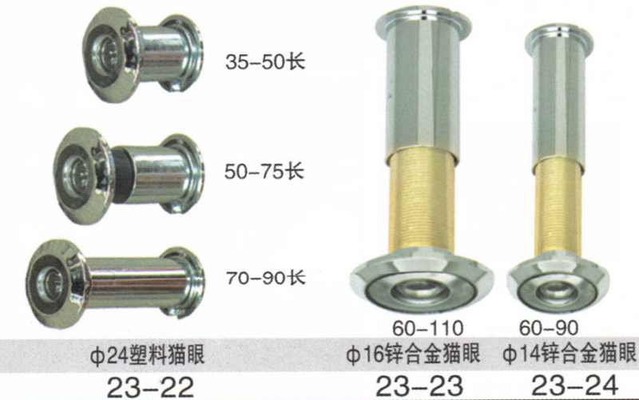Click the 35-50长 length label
click(265, 62)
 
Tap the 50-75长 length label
click(264, 171)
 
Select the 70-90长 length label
click(266, 278)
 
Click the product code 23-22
click(150, 387)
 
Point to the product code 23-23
click(419, 386)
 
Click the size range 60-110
click(428, 328)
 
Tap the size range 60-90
click(549, 328)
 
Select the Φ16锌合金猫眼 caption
click(413, 354)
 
